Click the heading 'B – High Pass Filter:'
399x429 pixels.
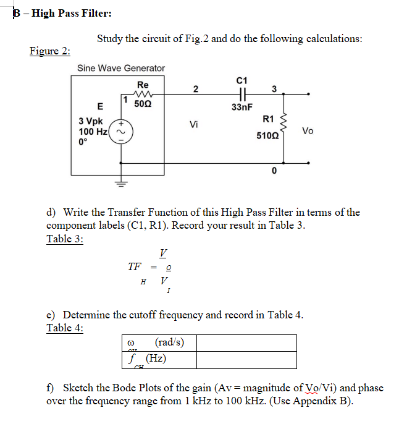tap(54, 14)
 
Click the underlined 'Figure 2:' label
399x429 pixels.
tap(49, 51)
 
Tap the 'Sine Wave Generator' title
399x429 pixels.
tap(121, 68)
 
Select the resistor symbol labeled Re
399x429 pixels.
tap(143, 95)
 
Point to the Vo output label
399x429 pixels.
tap(308, 130)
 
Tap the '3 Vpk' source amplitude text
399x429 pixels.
tap(91, 122)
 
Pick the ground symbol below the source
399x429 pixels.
tap(122, 183)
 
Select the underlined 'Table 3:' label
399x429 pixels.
tap(65, 239)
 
